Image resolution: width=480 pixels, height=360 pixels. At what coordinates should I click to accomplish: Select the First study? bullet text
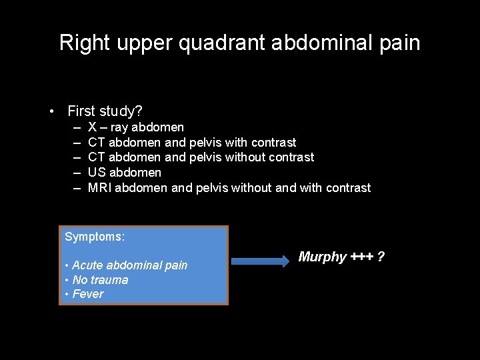[x=105, y=111]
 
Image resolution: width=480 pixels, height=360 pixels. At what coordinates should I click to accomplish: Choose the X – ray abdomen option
[x=136, y=127]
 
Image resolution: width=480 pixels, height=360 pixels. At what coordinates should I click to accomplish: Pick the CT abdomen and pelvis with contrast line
[x=192, y=142]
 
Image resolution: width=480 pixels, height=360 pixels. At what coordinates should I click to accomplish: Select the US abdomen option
[x=125, y=173]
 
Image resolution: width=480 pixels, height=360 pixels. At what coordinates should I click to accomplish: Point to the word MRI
[x=100, y=188]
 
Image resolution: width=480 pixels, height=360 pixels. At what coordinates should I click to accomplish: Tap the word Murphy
[x=322, y=257]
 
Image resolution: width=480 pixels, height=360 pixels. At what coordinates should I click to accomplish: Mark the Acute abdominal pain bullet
[x=129, y=265]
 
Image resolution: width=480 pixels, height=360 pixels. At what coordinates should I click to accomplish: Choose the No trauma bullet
[x=100, y=280]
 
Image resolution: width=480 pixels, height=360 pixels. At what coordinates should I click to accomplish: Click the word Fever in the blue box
[x=89, y=294]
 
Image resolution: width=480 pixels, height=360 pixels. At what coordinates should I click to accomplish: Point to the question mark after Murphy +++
[x=381, y=257]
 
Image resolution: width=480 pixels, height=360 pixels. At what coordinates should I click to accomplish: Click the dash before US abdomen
[x=77, y=173]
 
